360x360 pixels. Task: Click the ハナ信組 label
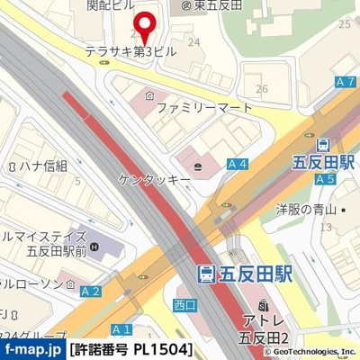(37, 166)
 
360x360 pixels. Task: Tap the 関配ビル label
(103, 5)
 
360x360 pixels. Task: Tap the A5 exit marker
(325, 179)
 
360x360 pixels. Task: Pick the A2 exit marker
(90, 291)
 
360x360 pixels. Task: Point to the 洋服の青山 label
(306, 211)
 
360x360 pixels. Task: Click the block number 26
(262, 88)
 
